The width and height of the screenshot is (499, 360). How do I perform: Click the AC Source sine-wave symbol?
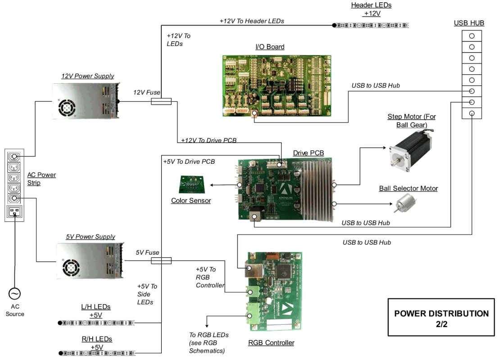click(x=14, y=294)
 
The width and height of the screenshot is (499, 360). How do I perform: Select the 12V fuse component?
click(x=160, y=102)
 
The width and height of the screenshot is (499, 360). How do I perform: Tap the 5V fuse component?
click(x=160, y=261)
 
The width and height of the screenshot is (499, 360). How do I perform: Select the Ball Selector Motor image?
click(x=402, y=204)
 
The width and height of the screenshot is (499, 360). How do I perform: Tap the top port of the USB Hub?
click(x=471, y=36)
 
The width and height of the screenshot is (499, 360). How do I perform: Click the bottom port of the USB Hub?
click(x=471, y=113)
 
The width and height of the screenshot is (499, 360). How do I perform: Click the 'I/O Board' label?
click(x=269, y=47)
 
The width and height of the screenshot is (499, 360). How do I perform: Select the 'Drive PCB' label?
click(x=308, y=153)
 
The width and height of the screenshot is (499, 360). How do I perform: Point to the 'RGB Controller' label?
click(x=271, y=343)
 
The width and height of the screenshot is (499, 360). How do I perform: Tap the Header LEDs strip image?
click(x=372, y=25)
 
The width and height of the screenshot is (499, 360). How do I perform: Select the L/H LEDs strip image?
click(x=97, y=323)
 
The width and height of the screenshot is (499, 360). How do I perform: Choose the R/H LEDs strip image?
click(x=97, y=353)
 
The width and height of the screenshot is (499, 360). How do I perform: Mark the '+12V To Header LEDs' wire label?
click(x=251, y=21)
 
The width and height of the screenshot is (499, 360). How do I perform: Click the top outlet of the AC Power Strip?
click(x=14, y=156)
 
